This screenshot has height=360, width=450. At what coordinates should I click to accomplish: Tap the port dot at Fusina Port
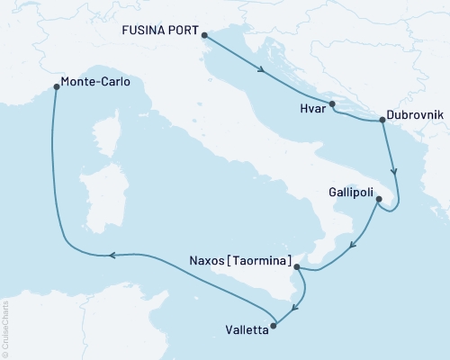point(204,35)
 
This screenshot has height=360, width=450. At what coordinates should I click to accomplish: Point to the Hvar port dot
point(333,103)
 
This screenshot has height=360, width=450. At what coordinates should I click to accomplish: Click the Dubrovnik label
point(412,116)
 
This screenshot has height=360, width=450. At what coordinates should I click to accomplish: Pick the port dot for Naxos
point(297,266)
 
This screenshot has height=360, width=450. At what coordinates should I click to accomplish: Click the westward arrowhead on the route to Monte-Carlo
point(110,256)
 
